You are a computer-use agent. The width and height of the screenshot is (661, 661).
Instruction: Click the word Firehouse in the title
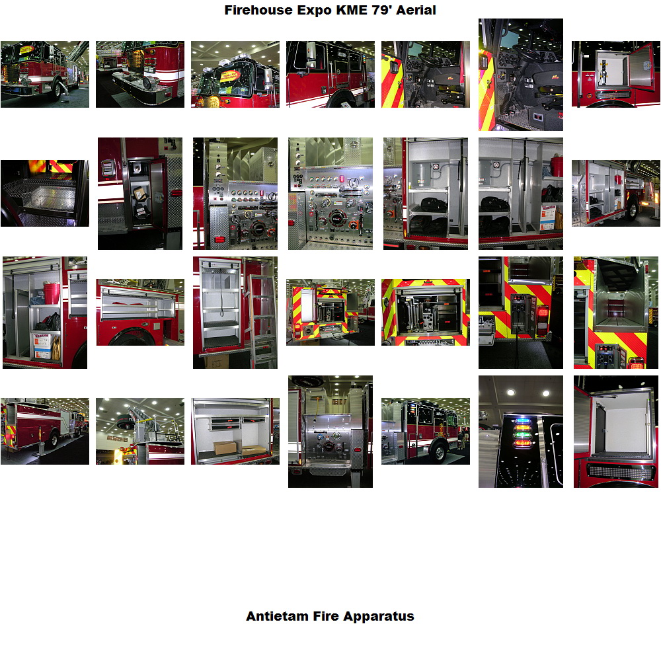[258, 10]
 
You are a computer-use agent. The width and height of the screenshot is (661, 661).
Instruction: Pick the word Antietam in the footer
[277, 616]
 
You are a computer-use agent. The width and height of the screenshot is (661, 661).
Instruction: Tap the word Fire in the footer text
[327, 616]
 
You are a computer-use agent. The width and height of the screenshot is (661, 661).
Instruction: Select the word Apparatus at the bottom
[379, 616]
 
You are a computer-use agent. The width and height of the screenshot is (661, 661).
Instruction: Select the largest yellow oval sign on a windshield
[230, 76]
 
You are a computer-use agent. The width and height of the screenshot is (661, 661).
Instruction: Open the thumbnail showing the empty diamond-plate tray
[45, 193]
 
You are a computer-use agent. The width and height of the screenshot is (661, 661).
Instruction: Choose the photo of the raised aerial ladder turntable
[140, 431]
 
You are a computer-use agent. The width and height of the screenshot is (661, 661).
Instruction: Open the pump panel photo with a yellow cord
[330, 432]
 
